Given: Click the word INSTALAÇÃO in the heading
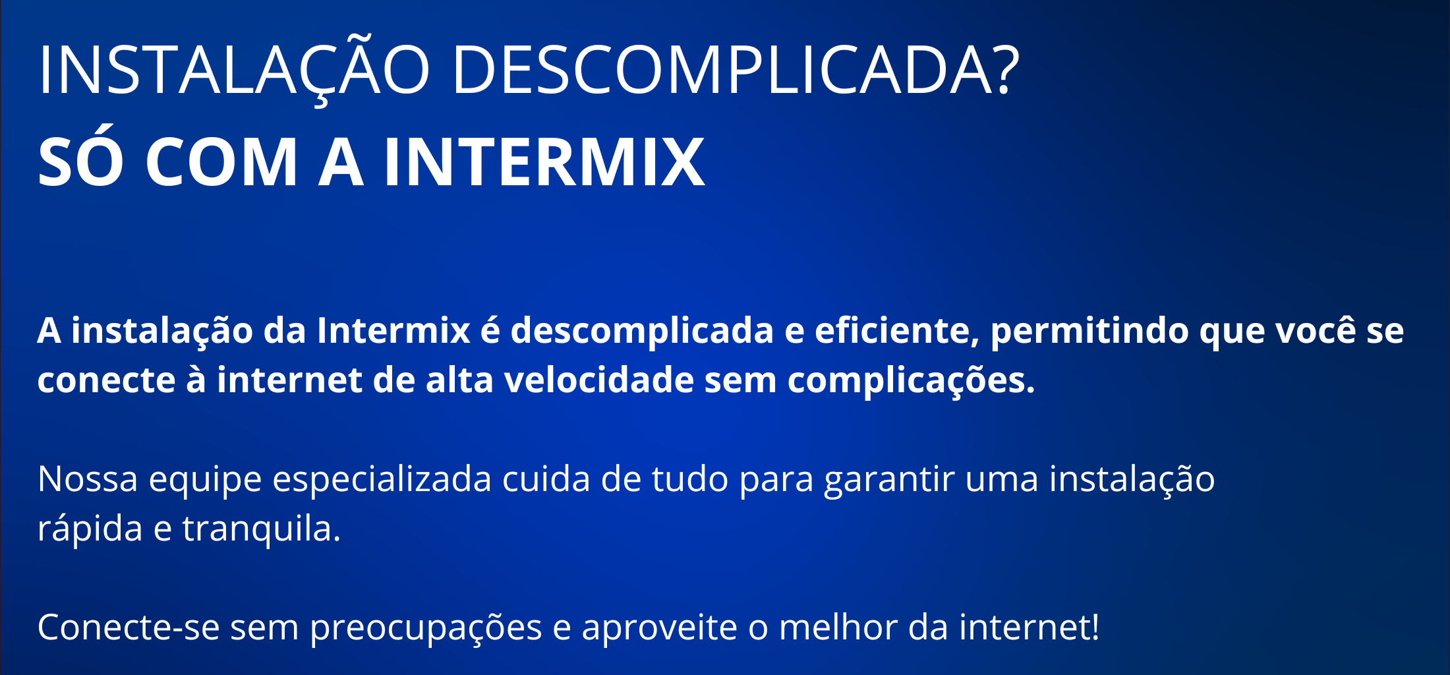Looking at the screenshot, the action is (234, 69).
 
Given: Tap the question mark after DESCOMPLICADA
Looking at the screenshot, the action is (1004, 69).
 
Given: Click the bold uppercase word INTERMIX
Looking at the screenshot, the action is (544, 161).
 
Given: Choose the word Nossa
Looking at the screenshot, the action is (88, 479).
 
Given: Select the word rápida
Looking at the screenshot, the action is (90, 529).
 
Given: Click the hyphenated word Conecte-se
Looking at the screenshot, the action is (129, 627).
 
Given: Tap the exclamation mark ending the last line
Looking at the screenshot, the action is (1095, 626).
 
